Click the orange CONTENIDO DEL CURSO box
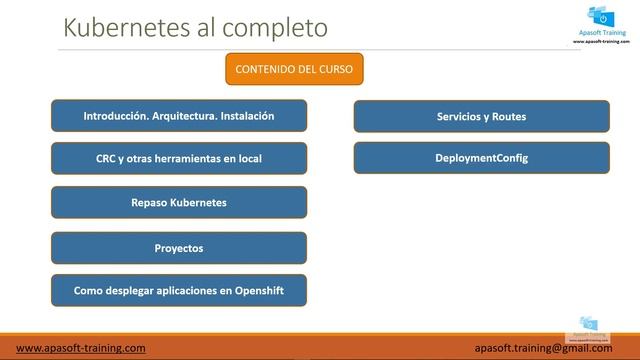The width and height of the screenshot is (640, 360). coord(293,69)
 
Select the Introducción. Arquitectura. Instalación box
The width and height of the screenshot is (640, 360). coord(179,116)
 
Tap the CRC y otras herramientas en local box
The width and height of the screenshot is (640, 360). coord(179,158)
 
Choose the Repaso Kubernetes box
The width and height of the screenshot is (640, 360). coord(179,202)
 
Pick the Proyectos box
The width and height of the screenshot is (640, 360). coord(179,247)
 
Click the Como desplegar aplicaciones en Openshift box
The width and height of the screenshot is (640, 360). coord(179,290)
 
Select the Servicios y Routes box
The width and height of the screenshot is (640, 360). coord(481,116)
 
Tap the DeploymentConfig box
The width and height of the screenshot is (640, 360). coord(481,158)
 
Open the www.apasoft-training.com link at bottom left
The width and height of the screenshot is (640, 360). coord(81,347)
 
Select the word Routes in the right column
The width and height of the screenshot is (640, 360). coord(507,117)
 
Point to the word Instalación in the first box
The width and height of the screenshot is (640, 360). coord(243,116)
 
